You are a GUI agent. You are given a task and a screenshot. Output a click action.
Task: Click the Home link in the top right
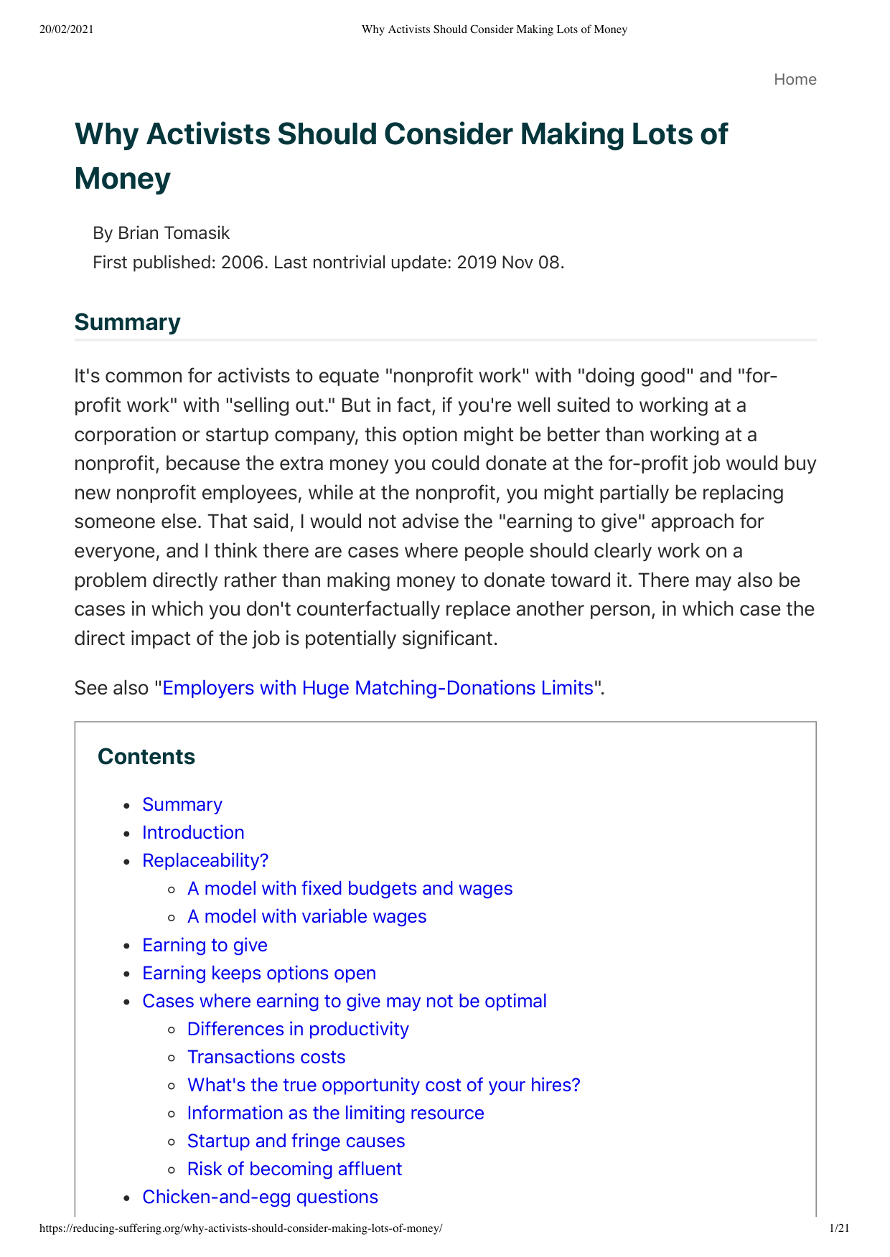point(795,80)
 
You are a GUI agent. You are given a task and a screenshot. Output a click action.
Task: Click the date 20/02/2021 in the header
point(67,29)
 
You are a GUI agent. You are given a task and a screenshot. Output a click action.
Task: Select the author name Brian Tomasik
point(174,233)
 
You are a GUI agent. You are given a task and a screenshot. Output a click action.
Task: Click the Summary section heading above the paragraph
point(127,322)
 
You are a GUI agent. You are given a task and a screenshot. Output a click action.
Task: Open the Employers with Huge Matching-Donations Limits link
point(378,688)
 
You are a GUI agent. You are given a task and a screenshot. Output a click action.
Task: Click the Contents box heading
point(146,757)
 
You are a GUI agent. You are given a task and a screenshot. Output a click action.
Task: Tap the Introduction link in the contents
point(193,832)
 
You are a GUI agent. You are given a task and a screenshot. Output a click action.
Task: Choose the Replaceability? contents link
point(205,860)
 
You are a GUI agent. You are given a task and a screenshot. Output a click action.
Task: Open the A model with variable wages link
point(306,916)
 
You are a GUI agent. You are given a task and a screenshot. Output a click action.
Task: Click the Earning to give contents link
point(205,945)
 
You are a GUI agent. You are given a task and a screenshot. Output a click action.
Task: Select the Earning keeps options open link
point(259,973)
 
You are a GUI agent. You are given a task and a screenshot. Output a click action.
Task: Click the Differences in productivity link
point(298,1029)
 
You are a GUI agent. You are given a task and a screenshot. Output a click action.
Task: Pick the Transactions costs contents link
point(266,1057)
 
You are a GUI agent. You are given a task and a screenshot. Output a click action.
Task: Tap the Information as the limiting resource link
point(335,1113)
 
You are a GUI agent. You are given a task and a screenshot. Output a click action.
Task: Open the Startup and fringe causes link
point(296,1141)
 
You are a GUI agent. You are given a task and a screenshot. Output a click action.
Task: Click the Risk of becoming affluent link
point(294,1169)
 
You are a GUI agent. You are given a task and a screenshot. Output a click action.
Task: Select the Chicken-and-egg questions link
point(260,1197)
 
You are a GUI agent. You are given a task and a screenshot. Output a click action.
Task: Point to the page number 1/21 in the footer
point(839,1228)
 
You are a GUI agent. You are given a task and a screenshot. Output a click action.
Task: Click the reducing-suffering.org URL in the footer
point(241,1228)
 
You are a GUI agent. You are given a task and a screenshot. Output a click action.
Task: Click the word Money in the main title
point(122,179)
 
